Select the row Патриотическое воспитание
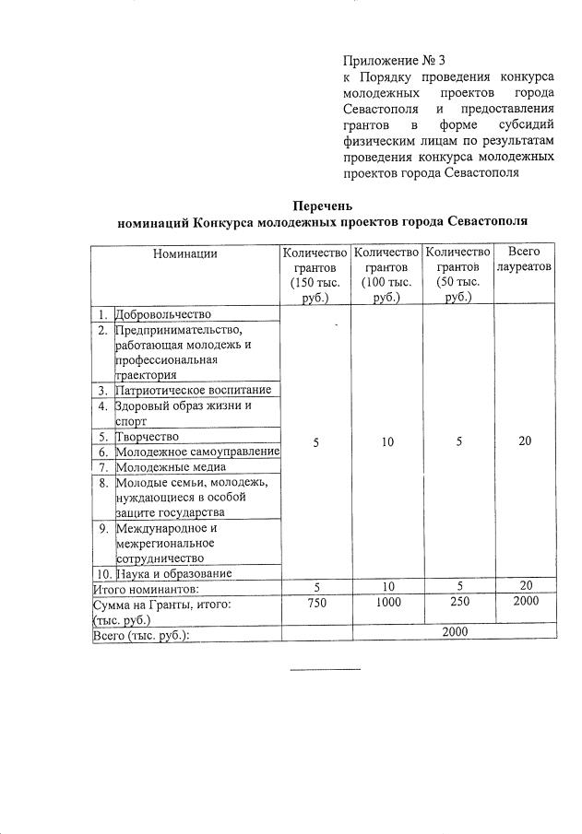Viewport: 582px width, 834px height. pos(193,390)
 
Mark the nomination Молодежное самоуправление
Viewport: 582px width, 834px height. pos(197,452)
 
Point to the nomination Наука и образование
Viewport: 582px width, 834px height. pos(173,573)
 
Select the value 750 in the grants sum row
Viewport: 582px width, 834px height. pos(315,604)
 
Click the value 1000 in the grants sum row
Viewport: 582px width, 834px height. pos(386,604)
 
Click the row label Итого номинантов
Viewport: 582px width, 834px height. pos(146,588)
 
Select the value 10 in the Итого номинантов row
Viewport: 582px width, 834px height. pos(386,588)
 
